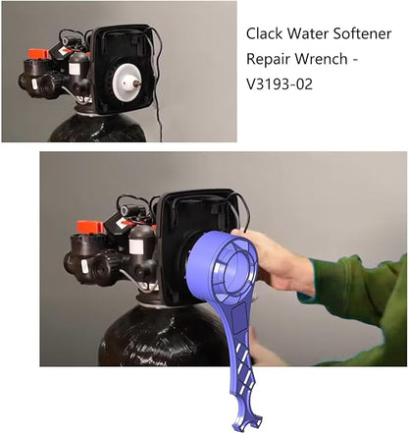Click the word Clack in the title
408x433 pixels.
264,33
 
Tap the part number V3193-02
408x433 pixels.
280,84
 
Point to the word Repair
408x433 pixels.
269,60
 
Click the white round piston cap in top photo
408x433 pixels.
126,81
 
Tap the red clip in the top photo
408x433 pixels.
38,54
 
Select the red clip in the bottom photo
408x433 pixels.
90,227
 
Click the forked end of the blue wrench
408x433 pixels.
245,421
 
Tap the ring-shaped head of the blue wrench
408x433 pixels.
224,267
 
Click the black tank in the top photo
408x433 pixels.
97,129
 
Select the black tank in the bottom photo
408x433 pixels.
164,335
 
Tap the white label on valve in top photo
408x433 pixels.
75,69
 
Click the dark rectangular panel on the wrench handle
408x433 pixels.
239,318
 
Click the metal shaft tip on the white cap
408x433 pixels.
137,84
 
